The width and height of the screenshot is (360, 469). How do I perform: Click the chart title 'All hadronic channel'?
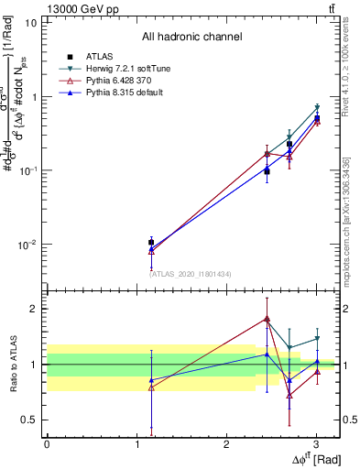click(x=191, y=37)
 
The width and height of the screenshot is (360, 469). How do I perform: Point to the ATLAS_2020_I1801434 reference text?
click(x=191, y=274)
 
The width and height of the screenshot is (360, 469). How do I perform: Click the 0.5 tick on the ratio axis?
click(x=30, y=420)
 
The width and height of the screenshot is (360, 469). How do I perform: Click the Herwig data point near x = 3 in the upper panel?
click(x=317, y=108)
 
